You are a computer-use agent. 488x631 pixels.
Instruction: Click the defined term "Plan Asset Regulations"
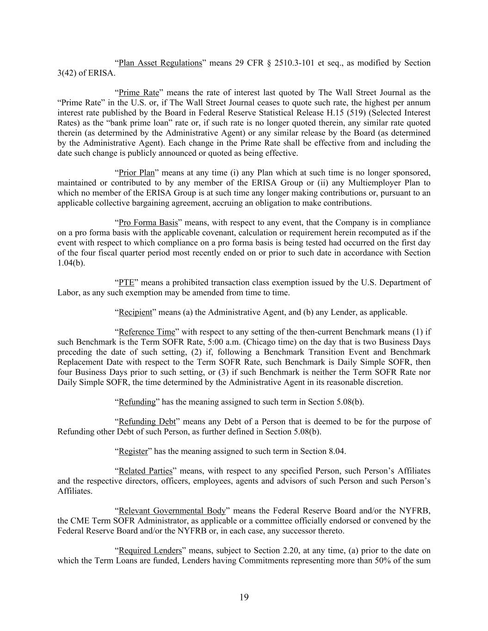[x=160, y=63]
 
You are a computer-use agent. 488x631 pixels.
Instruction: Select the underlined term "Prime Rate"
[x=139, y=92]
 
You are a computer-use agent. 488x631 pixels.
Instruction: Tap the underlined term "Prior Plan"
[x=136, y=173]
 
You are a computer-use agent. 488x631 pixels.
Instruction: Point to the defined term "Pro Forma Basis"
[x=148, y=223]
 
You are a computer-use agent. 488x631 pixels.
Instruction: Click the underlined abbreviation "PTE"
[x=126, y=282]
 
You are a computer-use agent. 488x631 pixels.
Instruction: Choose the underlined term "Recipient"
[x=135, y=312]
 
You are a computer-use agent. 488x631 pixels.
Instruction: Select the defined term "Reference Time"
[x=147, y=332]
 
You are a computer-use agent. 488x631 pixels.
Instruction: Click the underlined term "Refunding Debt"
[x=147, y=422]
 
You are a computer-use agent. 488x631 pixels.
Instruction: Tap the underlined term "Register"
[x=133, y=451]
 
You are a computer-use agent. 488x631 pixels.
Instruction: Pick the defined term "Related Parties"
[x=145, y=471]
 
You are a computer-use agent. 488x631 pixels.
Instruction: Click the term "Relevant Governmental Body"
[x=172, y=511]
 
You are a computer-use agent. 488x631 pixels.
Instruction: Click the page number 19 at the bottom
[x=244, y=597]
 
